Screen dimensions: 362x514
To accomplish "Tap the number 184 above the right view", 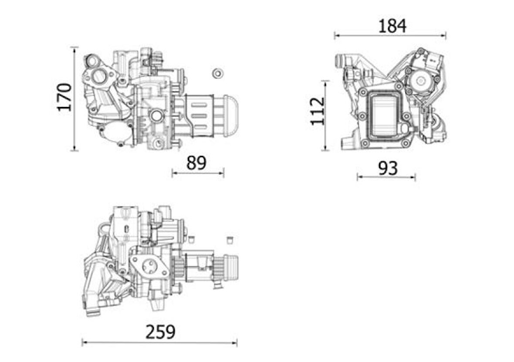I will (x=391, y=26).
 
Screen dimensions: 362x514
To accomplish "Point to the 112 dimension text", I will (x=318, y=111).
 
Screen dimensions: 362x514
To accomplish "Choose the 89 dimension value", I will (x=196, y=163).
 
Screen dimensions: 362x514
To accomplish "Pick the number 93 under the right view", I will (x=387, y=168).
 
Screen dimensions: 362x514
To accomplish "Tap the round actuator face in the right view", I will (x=421, y=80).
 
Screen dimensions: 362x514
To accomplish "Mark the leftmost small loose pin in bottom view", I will (x=191, y=238).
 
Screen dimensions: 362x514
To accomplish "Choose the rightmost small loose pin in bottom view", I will (x=230, y=239).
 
